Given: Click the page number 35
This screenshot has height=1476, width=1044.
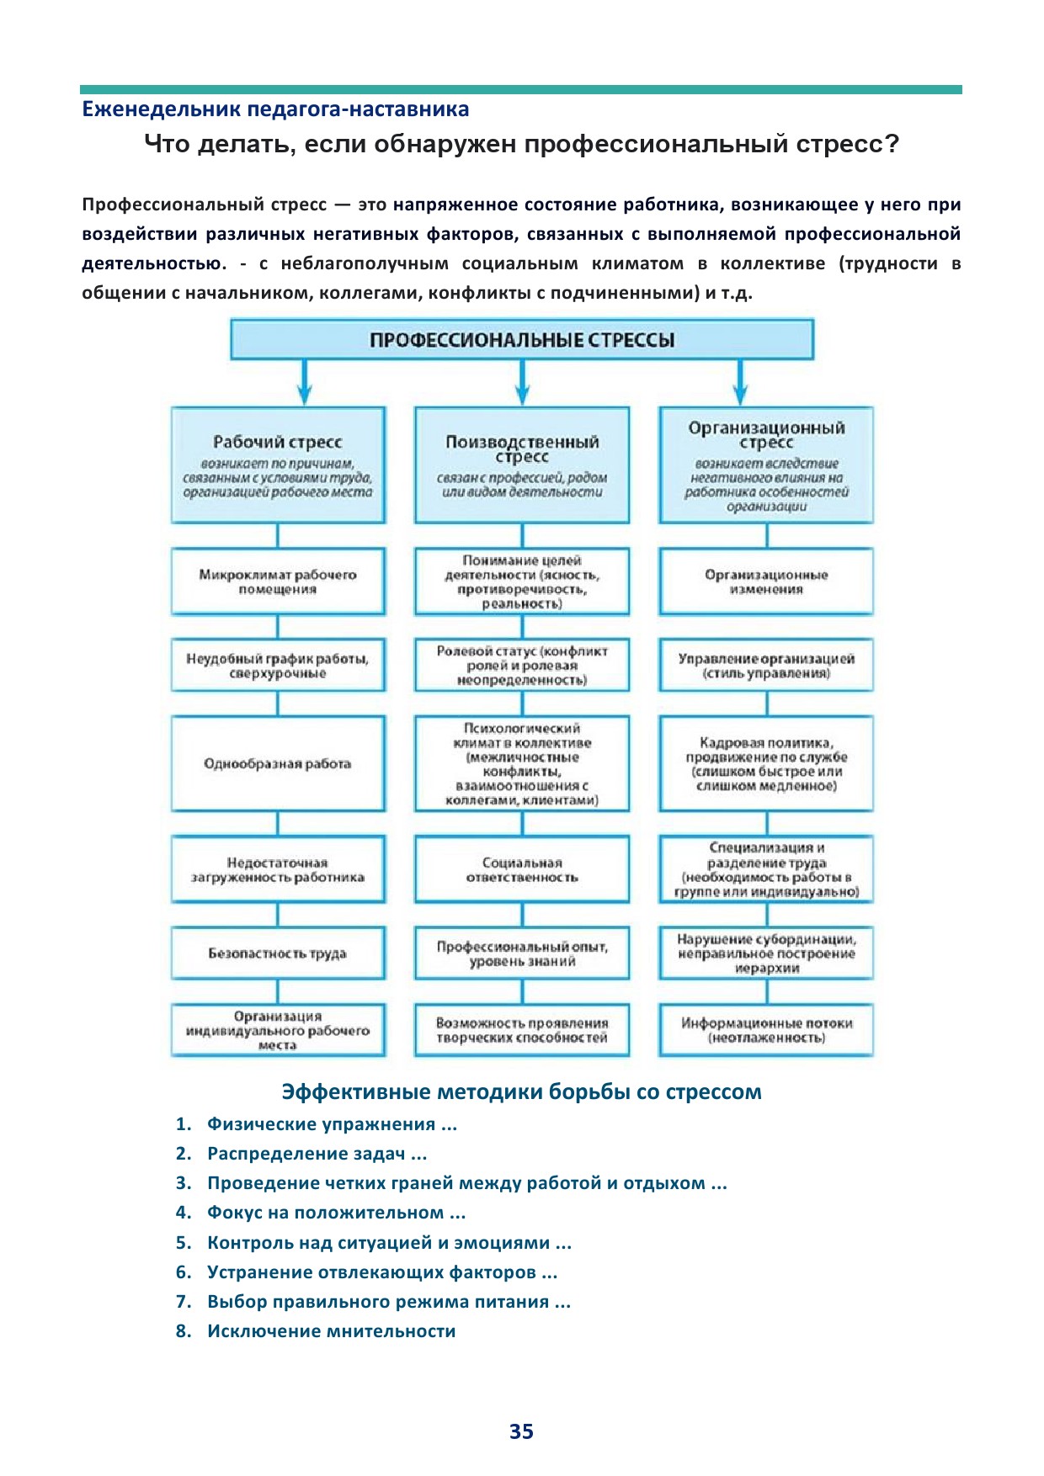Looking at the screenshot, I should point(521,1431).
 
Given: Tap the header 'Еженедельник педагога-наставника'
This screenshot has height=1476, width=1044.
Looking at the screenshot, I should point(275,109).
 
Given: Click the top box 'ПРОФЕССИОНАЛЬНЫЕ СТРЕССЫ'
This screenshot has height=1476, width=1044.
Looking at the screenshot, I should point(522,340).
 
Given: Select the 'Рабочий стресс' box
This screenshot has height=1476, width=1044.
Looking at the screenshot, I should point(278,465).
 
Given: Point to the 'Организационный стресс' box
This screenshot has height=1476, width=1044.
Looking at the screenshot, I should point(766,465).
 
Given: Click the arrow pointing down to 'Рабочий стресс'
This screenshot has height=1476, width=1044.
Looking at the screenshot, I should point(305,384).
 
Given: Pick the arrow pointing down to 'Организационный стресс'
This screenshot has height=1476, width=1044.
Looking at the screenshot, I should point(740,384).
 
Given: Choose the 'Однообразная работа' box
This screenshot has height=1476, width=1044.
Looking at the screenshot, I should point(278,763).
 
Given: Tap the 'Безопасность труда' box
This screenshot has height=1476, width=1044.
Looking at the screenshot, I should point(278,953).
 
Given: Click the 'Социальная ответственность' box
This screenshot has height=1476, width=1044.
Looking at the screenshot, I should point(522,869).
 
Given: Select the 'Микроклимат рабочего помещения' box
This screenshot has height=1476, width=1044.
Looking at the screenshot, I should point(278,581).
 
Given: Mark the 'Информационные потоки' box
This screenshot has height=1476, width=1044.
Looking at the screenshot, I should point(766,1030).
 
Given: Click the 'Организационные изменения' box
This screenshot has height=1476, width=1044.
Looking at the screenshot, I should point(766,581).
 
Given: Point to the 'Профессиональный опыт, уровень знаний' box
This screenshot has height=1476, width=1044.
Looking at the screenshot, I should point(522,953).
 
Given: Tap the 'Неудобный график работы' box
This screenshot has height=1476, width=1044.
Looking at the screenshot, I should point(278,665).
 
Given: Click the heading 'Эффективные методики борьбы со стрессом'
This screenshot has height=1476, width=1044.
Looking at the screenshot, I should point(521,1091).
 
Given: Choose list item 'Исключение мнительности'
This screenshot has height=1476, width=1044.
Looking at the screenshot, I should point(331,1331).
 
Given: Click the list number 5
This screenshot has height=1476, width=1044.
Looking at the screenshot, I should point(184,1243).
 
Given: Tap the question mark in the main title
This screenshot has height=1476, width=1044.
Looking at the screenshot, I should point(892,145).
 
